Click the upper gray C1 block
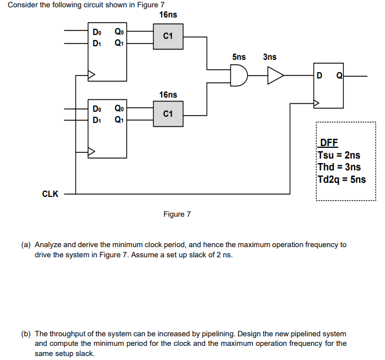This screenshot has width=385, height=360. click(168, 36)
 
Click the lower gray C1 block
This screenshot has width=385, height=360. click(168, 113)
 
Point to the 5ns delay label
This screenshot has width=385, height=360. click(238, 57)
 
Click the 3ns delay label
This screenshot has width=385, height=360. click(269, 57)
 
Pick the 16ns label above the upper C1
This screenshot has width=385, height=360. click(168, 15)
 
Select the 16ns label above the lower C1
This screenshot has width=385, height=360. click(168, 95)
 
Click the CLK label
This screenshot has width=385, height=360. click(50, 194)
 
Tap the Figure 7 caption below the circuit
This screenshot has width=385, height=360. click(177, 214)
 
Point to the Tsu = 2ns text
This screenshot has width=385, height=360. click(339, 155)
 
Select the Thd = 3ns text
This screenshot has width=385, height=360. click(339, 167)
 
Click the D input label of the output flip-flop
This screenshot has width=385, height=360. click(320, 76)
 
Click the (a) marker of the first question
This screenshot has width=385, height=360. click(26, 245)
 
